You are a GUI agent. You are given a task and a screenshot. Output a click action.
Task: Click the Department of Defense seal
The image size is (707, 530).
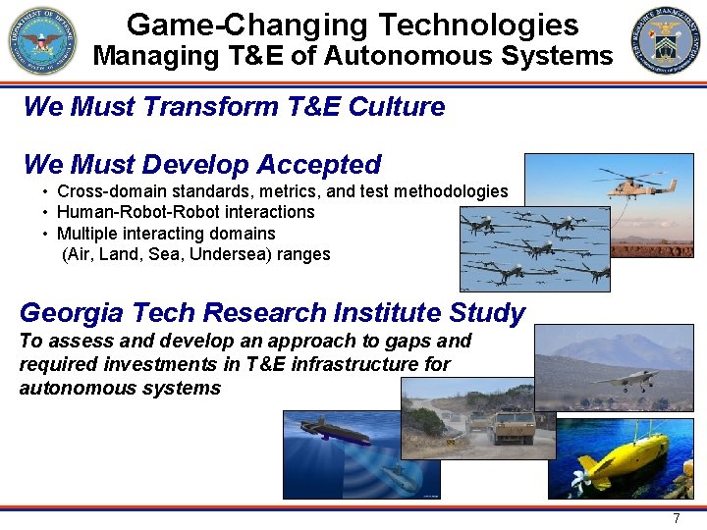coord(42,41)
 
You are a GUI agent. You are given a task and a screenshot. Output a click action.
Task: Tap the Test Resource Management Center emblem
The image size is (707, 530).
coord(667,41)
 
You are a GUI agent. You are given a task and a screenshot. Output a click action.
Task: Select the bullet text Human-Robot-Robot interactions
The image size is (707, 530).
coord(186,212)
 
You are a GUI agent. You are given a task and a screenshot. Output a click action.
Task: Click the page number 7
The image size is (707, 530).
coord(676,518)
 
